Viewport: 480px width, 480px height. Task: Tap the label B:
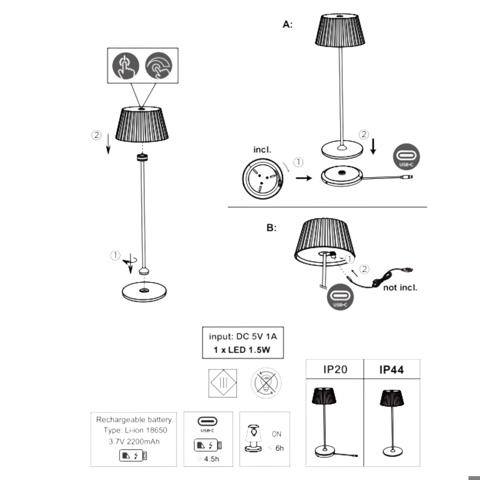(272, 228)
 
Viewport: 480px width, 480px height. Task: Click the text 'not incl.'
(400, 288)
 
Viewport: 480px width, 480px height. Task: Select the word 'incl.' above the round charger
(262, 150)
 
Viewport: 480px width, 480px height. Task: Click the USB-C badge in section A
(406, 157)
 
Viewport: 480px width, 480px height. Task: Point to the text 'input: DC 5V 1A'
(242, 336)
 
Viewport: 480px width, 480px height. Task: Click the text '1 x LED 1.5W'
(242, 350)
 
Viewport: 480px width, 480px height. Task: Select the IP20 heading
(334, 370)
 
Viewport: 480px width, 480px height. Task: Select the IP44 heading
(391, 370)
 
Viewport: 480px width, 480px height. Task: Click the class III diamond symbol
(223, 384)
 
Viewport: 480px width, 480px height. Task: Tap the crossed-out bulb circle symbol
(266, 384)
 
